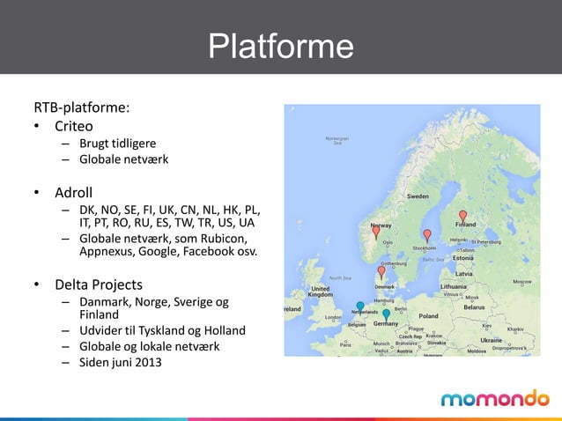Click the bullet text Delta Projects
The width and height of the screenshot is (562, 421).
99,284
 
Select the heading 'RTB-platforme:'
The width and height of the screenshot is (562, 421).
82,108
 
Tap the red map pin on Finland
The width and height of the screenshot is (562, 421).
462,216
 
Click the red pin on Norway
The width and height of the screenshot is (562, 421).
376,233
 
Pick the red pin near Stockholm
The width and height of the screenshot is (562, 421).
427,235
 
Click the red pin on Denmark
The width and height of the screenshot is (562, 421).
381,272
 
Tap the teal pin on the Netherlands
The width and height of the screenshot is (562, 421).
360,307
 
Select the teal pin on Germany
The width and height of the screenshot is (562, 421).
386,314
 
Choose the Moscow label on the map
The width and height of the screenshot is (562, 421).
522,282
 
